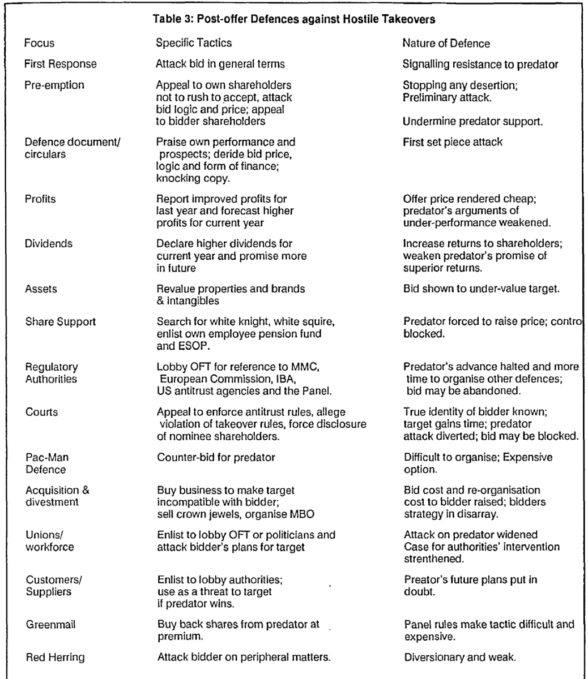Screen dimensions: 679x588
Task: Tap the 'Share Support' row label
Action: (60, 323)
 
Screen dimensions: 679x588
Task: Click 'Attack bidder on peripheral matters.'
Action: (234, 642)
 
